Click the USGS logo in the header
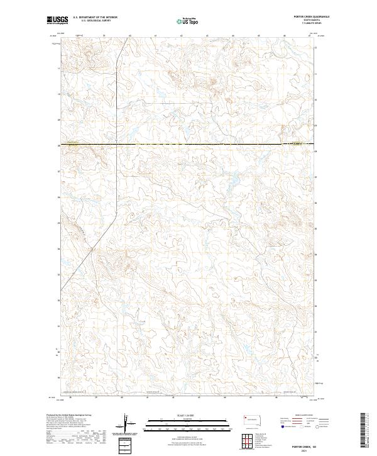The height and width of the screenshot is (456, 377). (57, 20)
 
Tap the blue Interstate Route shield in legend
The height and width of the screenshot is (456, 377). (281, 426)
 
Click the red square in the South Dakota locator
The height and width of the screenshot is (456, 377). (244, 417)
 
